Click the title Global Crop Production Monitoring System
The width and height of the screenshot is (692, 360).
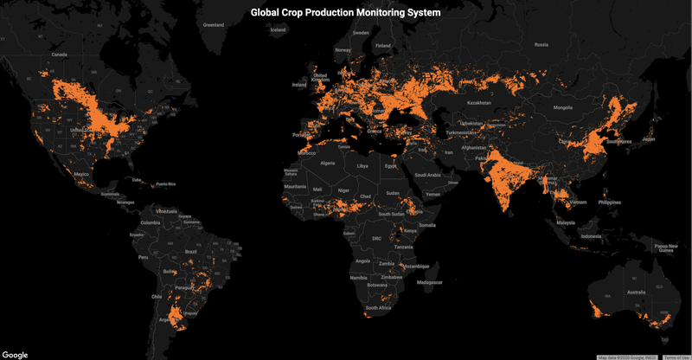click(345, 14)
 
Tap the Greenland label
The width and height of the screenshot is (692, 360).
click(213, 25)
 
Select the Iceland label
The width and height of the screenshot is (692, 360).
click(278, 30)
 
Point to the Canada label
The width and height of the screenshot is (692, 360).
click(59, 55)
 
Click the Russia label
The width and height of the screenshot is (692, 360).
click(541, 44)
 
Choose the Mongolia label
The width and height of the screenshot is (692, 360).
click(563, 107)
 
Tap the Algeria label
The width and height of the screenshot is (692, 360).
click(328, 163)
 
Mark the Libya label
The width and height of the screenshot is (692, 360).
click(362, 165)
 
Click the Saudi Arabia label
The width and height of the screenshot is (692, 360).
click(428, 175)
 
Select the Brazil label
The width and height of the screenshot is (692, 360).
click(192, 251)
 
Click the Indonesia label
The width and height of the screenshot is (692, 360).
click(591, 237)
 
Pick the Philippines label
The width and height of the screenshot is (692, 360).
click(609, 202)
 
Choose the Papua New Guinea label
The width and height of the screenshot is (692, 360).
click(666, 247)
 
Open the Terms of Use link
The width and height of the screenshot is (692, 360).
click(676, 357)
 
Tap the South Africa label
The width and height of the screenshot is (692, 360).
click(378, 308)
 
